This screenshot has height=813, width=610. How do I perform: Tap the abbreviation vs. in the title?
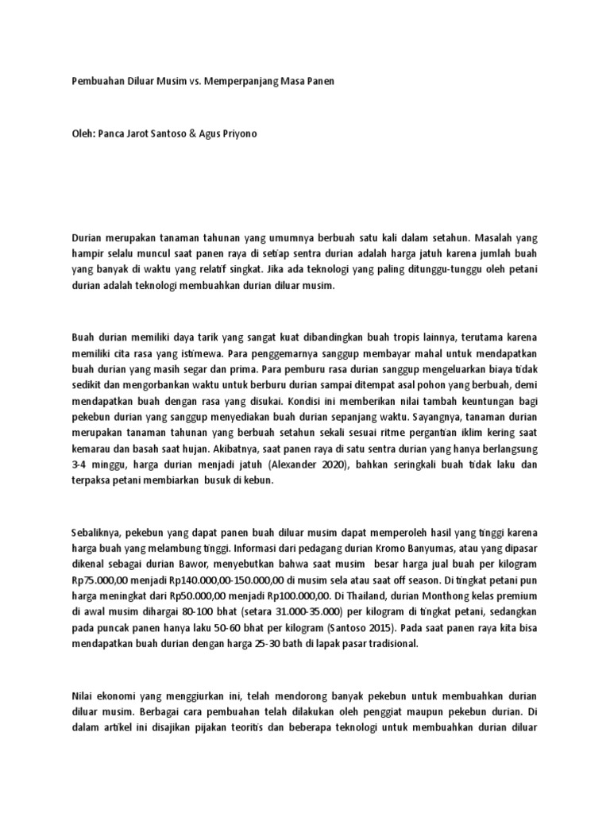(195, 82)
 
